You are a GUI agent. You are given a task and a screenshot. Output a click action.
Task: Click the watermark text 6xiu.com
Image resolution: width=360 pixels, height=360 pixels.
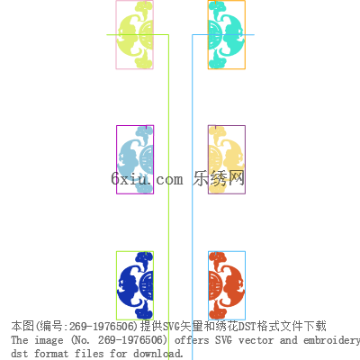coord(147,178)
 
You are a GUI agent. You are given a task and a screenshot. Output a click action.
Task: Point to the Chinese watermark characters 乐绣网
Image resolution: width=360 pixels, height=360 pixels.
coord(219,178)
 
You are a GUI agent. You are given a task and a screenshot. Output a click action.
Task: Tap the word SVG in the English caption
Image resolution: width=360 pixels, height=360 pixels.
coord(223,340)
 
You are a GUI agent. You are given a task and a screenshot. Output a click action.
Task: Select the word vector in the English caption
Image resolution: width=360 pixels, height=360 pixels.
coord(256,340)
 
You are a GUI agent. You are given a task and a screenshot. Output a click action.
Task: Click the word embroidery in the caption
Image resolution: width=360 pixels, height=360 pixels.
coord(331,341)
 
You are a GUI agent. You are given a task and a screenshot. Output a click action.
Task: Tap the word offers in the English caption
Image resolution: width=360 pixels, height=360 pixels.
coord(192,340)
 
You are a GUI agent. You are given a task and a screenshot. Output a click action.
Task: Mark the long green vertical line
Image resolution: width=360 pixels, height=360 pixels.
coord(168,197)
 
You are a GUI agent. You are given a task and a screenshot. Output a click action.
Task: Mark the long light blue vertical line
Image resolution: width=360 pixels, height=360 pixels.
coord(193,197)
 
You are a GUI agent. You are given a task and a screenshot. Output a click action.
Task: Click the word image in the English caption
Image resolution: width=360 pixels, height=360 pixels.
coord(49,340)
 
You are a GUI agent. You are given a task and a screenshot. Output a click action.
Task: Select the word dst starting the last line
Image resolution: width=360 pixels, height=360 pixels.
coord(20,354)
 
